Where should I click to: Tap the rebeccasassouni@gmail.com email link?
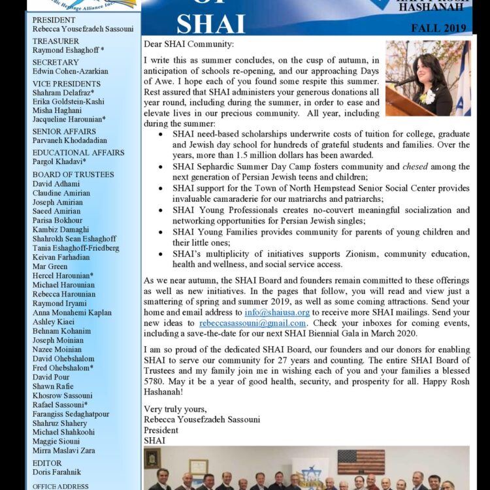253,323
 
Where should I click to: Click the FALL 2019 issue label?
438,28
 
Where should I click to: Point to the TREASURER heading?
56,41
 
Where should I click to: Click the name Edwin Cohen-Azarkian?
71,71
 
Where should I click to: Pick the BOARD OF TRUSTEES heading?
73,174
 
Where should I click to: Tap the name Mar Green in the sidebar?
50,267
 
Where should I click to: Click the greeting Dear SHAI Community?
188,44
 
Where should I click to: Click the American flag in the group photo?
361,461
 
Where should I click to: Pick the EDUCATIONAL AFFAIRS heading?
78,152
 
